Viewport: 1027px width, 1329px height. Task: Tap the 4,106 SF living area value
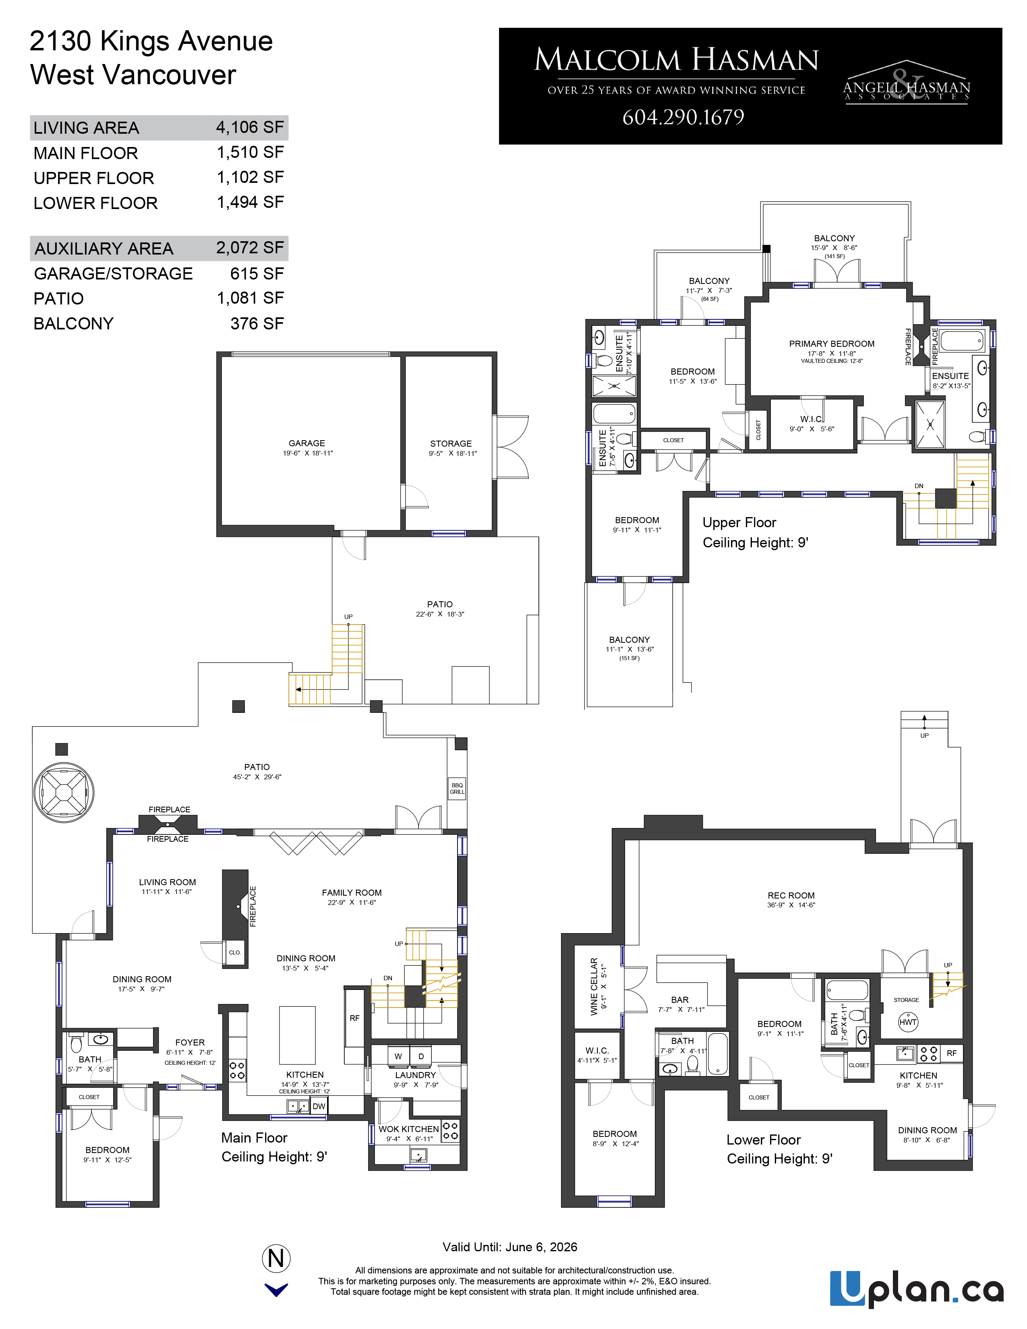[250, 127]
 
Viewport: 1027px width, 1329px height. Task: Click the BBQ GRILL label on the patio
[457, 789]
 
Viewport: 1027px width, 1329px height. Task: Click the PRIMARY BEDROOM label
[832, 344]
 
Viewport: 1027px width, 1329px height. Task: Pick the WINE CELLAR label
[594, 986]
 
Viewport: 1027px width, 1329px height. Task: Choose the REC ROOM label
[791, 895]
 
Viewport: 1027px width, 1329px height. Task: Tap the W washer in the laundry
[398, 1056]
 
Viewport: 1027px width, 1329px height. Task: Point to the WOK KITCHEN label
[408, 1129]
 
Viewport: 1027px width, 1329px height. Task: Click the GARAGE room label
[306, 443]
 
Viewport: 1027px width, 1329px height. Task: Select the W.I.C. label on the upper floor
[812, 419]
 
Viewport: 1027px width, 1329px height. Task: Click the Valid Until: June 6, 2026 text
[510, 1247]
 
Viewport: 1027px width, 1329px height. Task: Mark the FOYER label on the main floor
[190, 1042]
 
